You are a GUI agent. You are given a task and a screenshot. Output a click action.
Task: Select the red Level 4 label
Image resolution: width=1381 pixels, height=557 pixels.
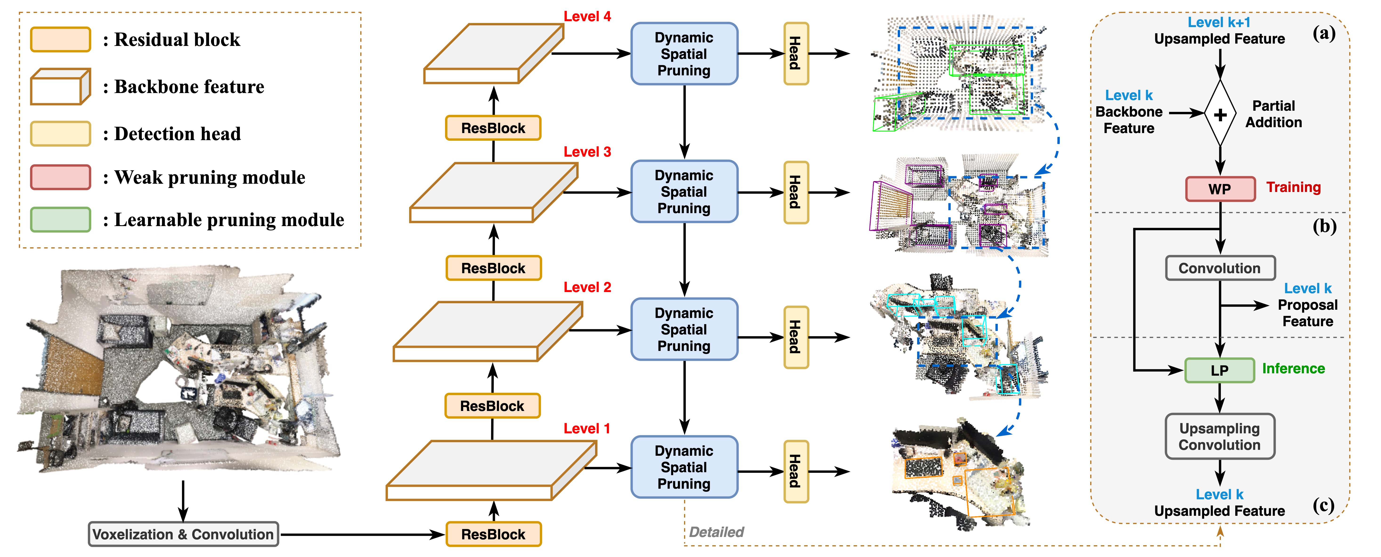click(x=587, y=17)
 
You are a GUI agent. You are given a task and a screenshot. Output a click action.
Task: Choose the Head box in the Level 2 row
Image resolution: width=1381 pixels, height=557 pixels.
click(x=796, y=337)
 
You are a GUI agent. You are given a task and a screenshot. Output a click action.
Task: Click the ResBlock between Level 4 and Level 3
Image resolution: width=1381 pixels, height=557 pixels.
click(x=493, y=128)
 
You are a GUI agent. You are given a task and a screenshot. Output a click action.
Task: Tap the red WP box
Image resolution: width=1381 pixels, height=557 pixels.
click(x=1220, y=189)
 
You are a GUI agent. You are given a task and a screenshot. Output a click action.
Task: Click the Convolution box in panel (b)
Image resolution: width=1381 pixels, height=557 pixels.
click(x=1220, y=268)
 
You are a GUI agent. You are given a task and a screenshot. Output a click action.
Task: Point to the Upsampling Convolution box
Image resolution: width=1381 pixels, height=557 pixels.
click(x=1220, y=436)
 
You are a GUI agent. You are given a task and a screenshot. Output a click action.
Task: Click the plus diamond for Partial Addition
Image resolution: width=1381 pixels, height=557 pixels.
click(x=1220, y=114)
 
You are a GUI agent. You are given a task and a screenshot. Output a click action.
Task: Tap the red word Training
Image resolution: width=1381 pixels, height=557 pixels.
click(x=1293, y=187)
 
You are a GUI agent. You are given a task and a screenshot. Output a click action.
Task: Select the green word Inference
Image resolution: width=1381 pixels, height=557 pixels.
click(x=1293, y=369)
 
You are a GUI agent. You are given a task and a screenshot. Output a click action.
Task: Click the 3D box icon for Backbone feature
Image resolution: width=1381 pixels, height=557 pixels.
click(x=60, y=87)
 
